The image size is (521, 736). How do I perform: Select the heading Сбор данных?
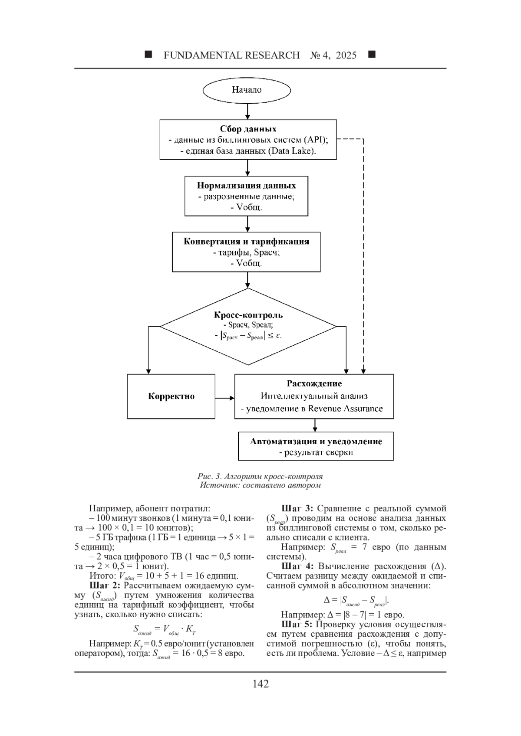248,129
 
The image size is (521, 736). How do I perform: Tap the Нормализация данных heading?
246,185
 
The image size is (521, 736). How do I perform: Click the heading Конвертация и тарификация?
246,242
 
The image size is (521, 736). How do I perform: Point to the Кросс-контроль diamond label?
248,315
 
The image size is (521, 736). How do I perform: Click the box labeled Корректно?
171,396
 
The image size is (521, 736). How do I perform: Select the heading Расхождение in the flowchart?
314,383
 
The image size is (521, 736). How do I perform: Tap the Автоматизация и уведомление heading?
316,441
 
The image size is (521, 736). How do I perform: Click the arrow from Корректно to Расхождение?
224,398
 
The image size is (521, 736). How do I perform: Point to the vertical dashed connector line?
363,256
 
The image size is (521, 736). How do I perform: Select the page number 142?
260,684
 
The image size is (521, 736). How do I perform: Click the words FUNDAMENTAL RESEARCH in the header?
231,55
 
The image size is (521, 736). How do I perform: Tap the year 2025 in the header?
346,55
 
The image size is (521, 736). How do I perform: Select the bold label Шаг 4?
298,566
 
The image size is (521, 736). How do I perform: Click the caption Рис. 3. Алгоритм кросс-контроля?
260,476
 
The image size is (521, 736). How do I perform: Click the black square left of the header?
148,54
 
